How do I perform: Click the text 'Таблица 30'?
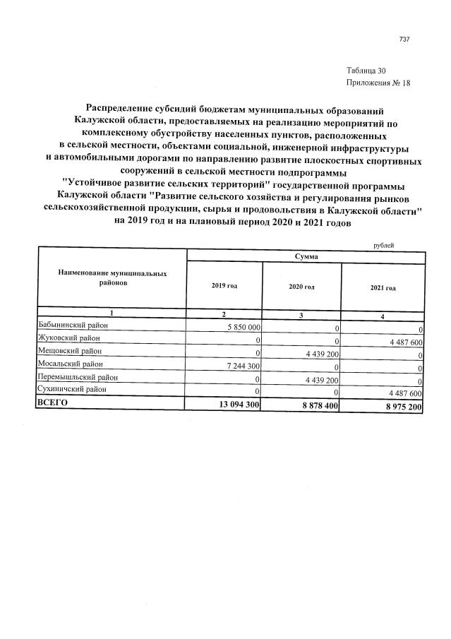[x=366, y=71]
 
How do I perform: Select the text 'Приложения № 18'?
[x=378, y=83]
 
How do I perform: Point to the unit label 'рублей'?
[x=383, y=245]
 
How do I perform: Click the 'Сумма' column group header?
[x=305, y=258]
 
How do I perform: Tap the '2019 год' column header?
[x=224, y=286]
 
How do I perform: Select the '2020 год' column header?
[x=301, y=287]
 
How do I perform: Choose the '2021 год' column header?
[x=383, y=287]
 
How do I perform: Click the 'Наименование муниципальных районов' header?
[x=113, y=277]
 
